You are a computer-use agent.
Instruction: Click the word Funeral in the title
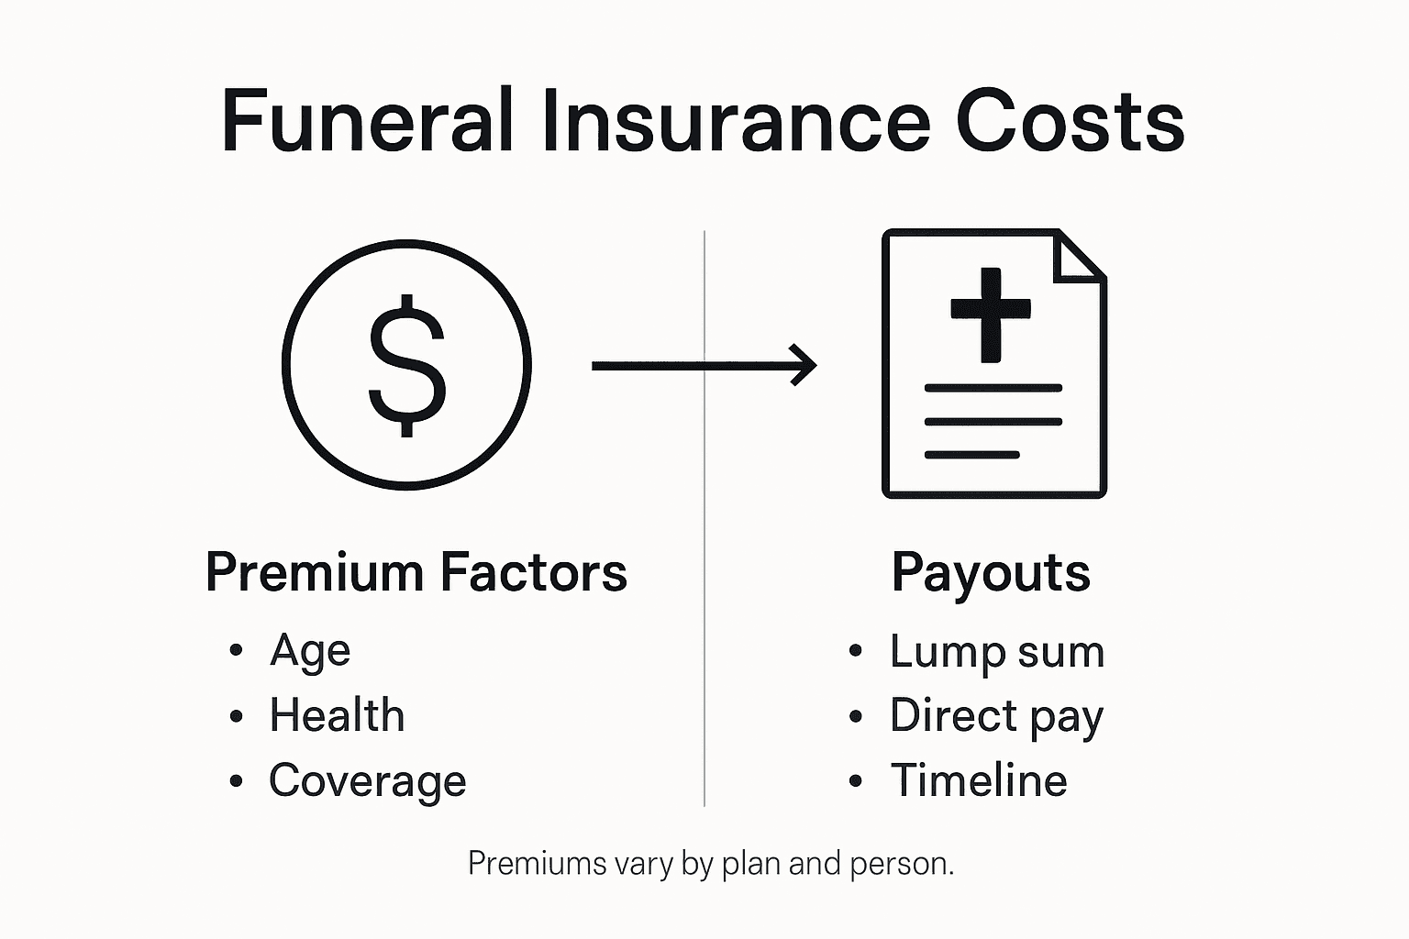366,122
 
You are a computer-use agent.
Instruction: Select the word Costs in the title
1070,122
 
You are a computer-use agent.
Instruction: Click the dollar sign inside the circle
407,365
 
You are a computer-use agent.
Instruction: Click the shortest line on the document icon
971,455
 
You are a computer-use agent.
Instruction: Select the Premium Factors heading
416,572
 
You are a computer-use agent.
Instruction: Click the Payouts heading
991,574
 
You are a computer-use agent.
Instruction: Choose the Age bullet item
310,651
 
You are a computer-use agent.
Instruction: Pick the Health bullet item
337,715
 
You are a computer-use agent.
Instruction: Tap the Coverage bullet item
368,781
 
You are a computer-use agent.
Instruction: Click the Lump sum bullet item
997,652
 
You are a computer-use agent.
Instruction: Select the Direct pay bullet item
996,716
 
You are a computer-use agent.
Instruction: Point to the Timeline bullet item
979,780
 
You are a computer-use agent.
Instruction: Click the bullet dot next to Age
237,650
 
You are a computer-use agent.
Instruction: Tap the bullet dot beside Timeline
856,781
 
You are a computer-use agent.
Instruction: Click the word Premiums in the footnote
524,864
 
